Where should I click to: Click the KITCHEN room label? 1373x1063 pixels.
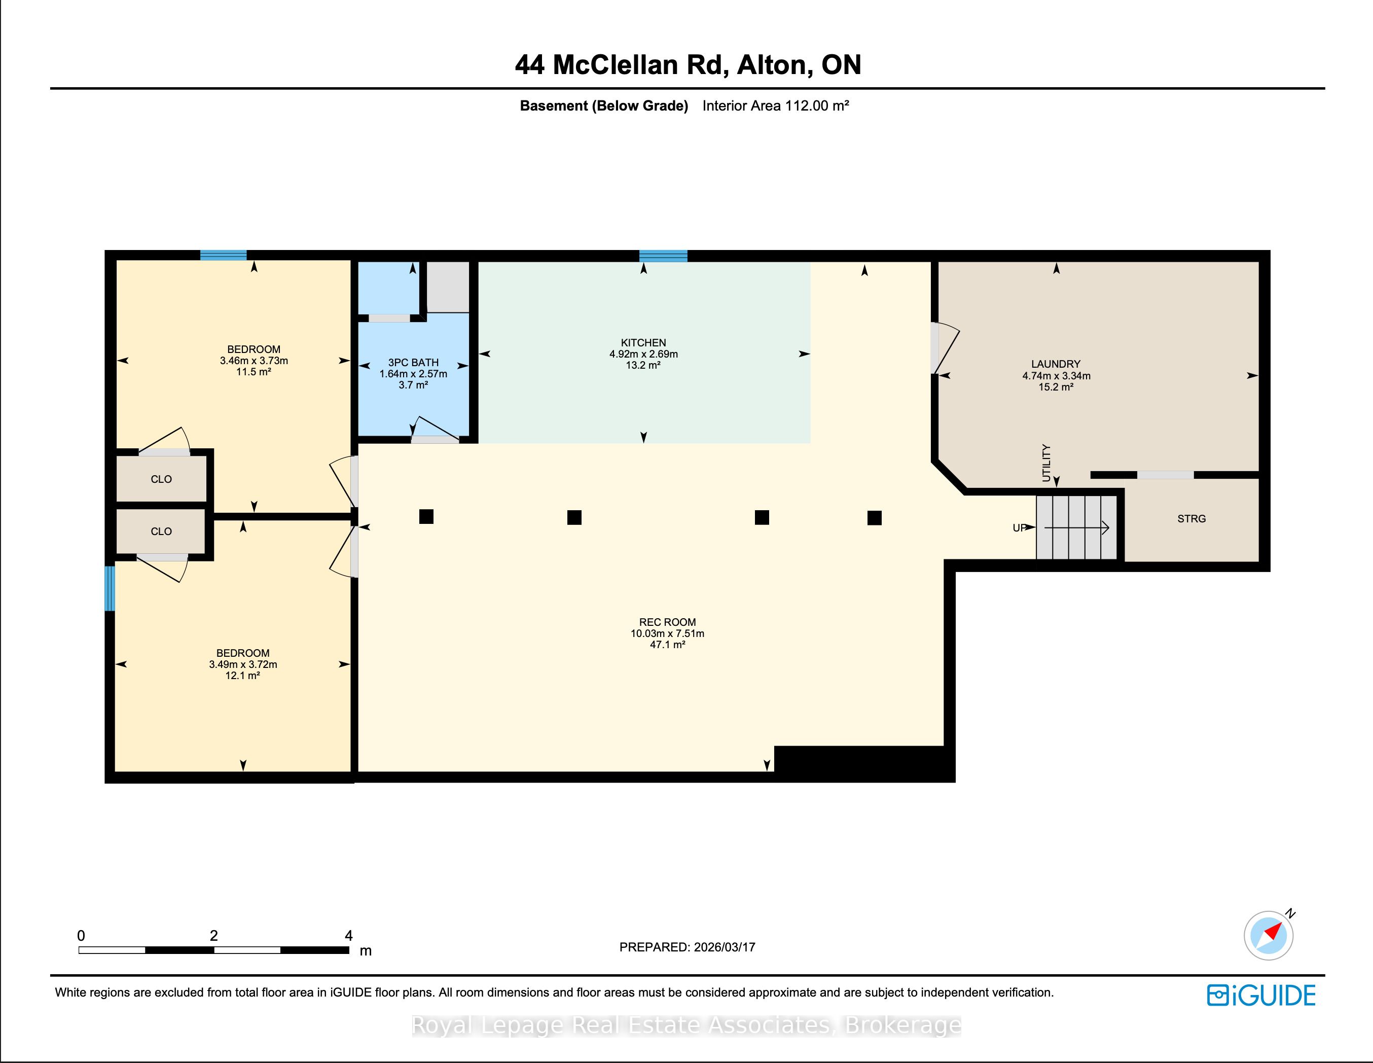643,343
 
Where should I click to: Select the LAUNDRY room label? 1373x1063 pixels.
1056,364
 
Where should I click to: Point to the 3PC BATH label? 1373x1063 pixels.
413,362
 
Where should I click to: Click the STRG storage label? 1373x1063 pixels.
1191,519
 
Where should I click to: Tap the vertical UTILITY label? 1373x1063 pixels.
1046,463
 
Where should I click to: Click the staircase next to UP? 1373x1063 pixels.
1076,527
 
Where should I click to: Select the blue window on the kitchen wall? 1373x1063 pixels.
663,256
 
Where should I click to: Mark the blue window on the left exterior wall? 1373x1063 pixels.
110,588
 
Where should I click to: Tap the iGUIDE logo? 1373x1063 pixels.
1261,995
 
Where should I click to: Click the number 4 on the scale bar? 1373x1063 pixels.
348,935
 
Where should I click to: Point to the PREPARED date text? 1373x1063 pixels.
687,947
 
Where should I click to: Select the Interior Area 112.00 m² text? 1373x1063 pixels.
776,105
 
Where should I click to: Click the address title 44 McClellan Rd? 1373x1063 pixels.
622,65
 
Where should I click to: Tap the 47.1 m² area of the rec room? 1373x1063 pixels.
667,645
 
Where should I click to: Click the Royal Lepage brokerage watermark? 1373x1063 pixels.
686,1025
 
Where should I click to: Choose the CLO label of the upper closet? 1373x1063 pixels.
161,479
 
